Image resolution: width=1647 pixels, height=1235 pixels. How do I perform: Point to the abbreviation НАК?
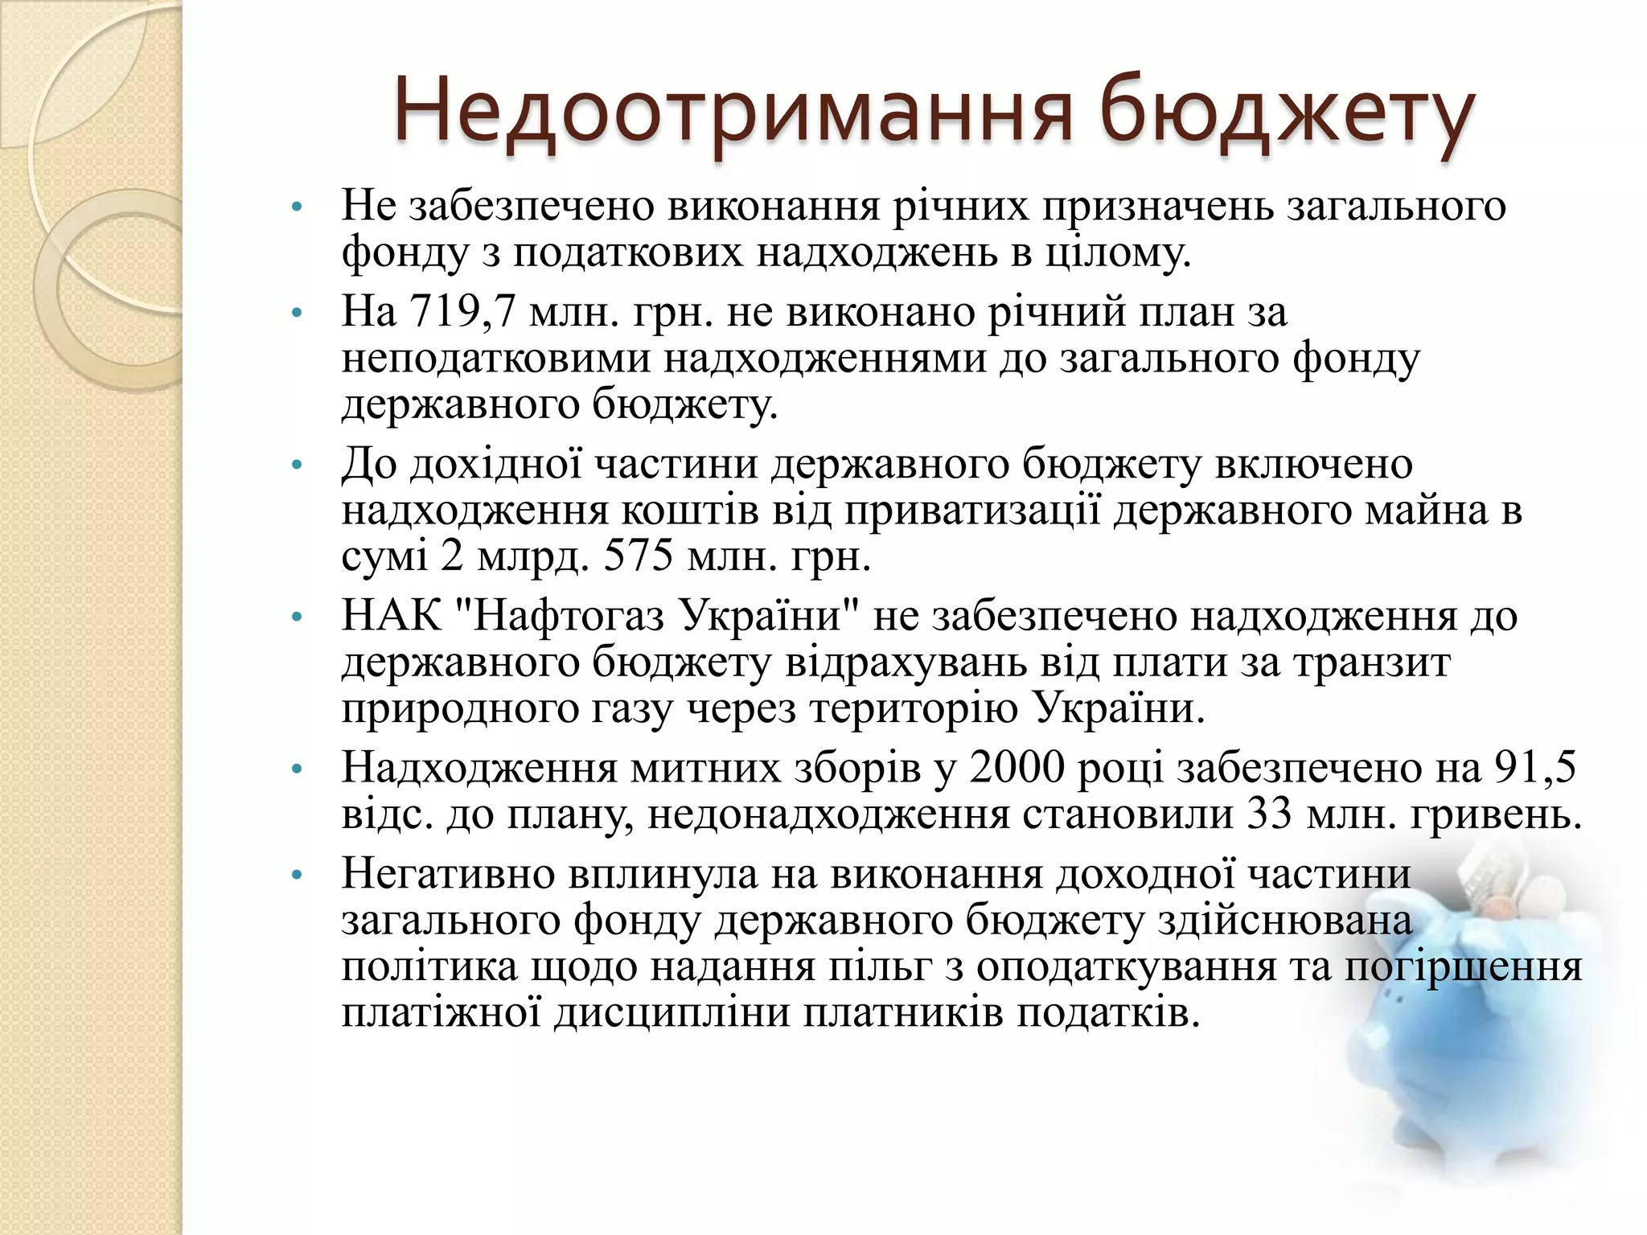392,617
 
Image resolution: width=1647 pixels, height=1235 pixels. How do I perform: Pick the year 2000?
1016,768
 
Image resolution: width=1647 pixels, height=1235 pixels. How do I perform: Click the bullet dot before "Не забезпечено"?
297,207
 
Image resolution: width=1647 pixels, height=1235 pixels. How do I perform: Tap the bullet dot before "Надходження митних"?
297,770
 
